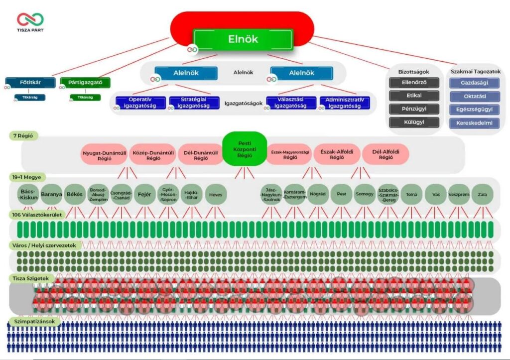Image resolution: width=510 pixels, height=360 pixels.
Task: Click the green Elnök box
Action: click(243, 39)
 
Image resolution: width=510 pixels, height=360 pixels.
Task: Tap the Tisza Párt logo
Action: click(30, 22)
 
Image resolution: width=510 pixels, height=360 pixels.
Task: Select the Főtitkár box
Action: click(30, 82)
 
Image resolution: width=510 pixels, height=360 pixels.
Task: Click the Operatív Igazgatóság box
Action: click(141, 103)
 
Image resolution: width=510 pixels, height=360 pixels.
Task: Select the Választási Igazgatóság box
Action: click(291, 103)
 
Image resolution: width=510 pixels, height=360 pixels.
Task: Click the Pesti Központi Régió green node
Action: click(244, 148)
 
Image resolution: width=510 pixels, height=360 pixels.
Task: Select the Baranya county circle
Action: click(51, 195)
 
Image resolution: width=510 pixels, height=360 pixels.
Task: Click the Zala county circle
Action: click(481, 195)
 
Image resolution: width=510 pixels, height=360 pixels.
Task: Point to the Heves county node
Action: click(216, 195)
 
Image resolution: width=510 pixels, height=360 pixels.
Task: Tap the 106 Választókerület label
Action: click(37, 215)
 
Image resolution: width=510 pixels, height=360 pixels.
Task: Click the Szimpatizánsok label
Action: click(34, 322)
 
